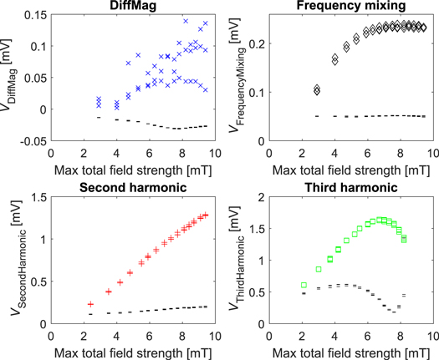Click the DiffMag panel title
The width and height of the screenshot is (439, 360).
tap(133, 7)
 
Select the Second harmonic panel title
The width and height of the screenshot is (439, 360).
tap(133, 186)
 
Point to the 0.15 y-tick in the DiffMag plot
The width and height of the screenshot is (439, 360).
tap(37, 16)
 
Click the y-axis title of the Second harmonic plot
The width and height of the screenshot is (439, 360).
tap(10, 259)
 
